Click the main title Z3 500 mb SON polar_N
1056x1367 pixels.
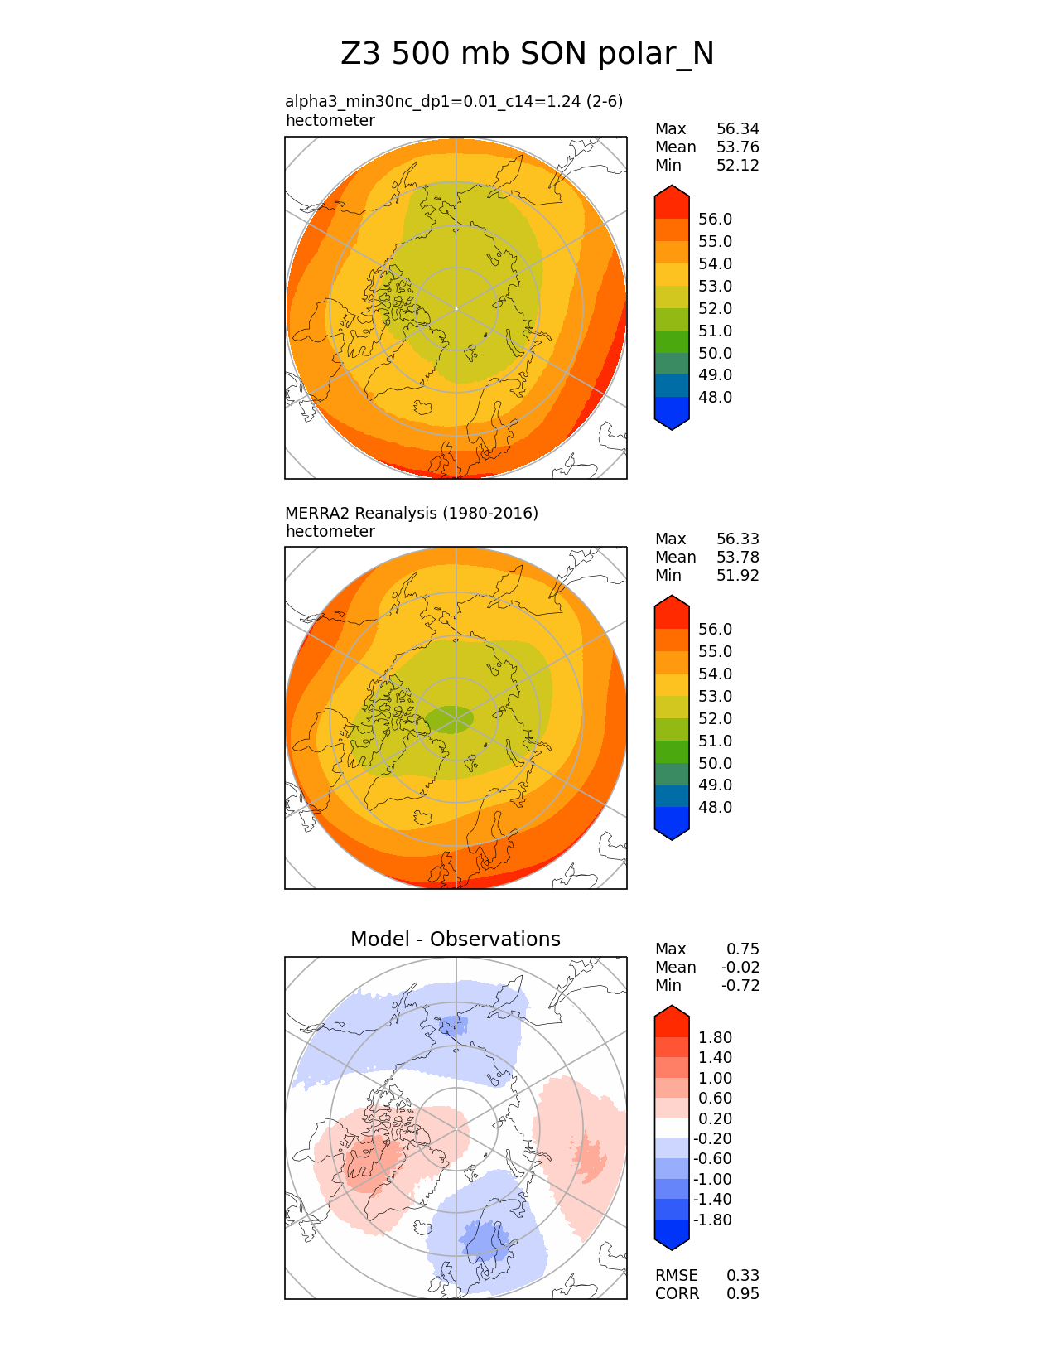tap(527, 54)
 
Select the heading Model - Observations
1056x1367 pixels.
tap(455, 939)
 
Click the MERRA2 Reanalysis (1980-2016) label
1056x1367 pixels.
tap(412, 514)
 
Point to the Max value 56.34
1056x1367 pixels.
tap(737, 129)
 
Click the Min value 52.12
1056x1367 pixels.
tap(737, 166)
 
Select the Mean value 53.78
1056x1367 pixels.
tap(737, 558)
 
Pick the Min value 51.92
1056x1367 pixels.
tap(737, 576)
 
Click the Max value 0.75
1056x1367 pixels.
tap(742, 949)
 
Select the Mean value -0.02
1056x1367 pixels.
tap(740, 968)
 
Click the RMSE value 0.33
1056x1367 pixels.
tap(742, 1276)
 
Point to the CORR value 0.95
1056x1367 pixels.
tap(742, 1294)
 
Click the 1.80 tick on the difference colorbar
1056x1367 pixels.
tap(715, 1038)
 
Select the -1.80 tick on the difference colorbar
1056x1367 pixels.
tap(712, 1220)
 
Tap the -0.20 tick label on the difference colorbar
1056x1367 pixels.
tap(712, 1139)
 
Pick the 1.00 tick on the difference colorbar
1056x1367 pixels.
tap(715, 1079)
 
